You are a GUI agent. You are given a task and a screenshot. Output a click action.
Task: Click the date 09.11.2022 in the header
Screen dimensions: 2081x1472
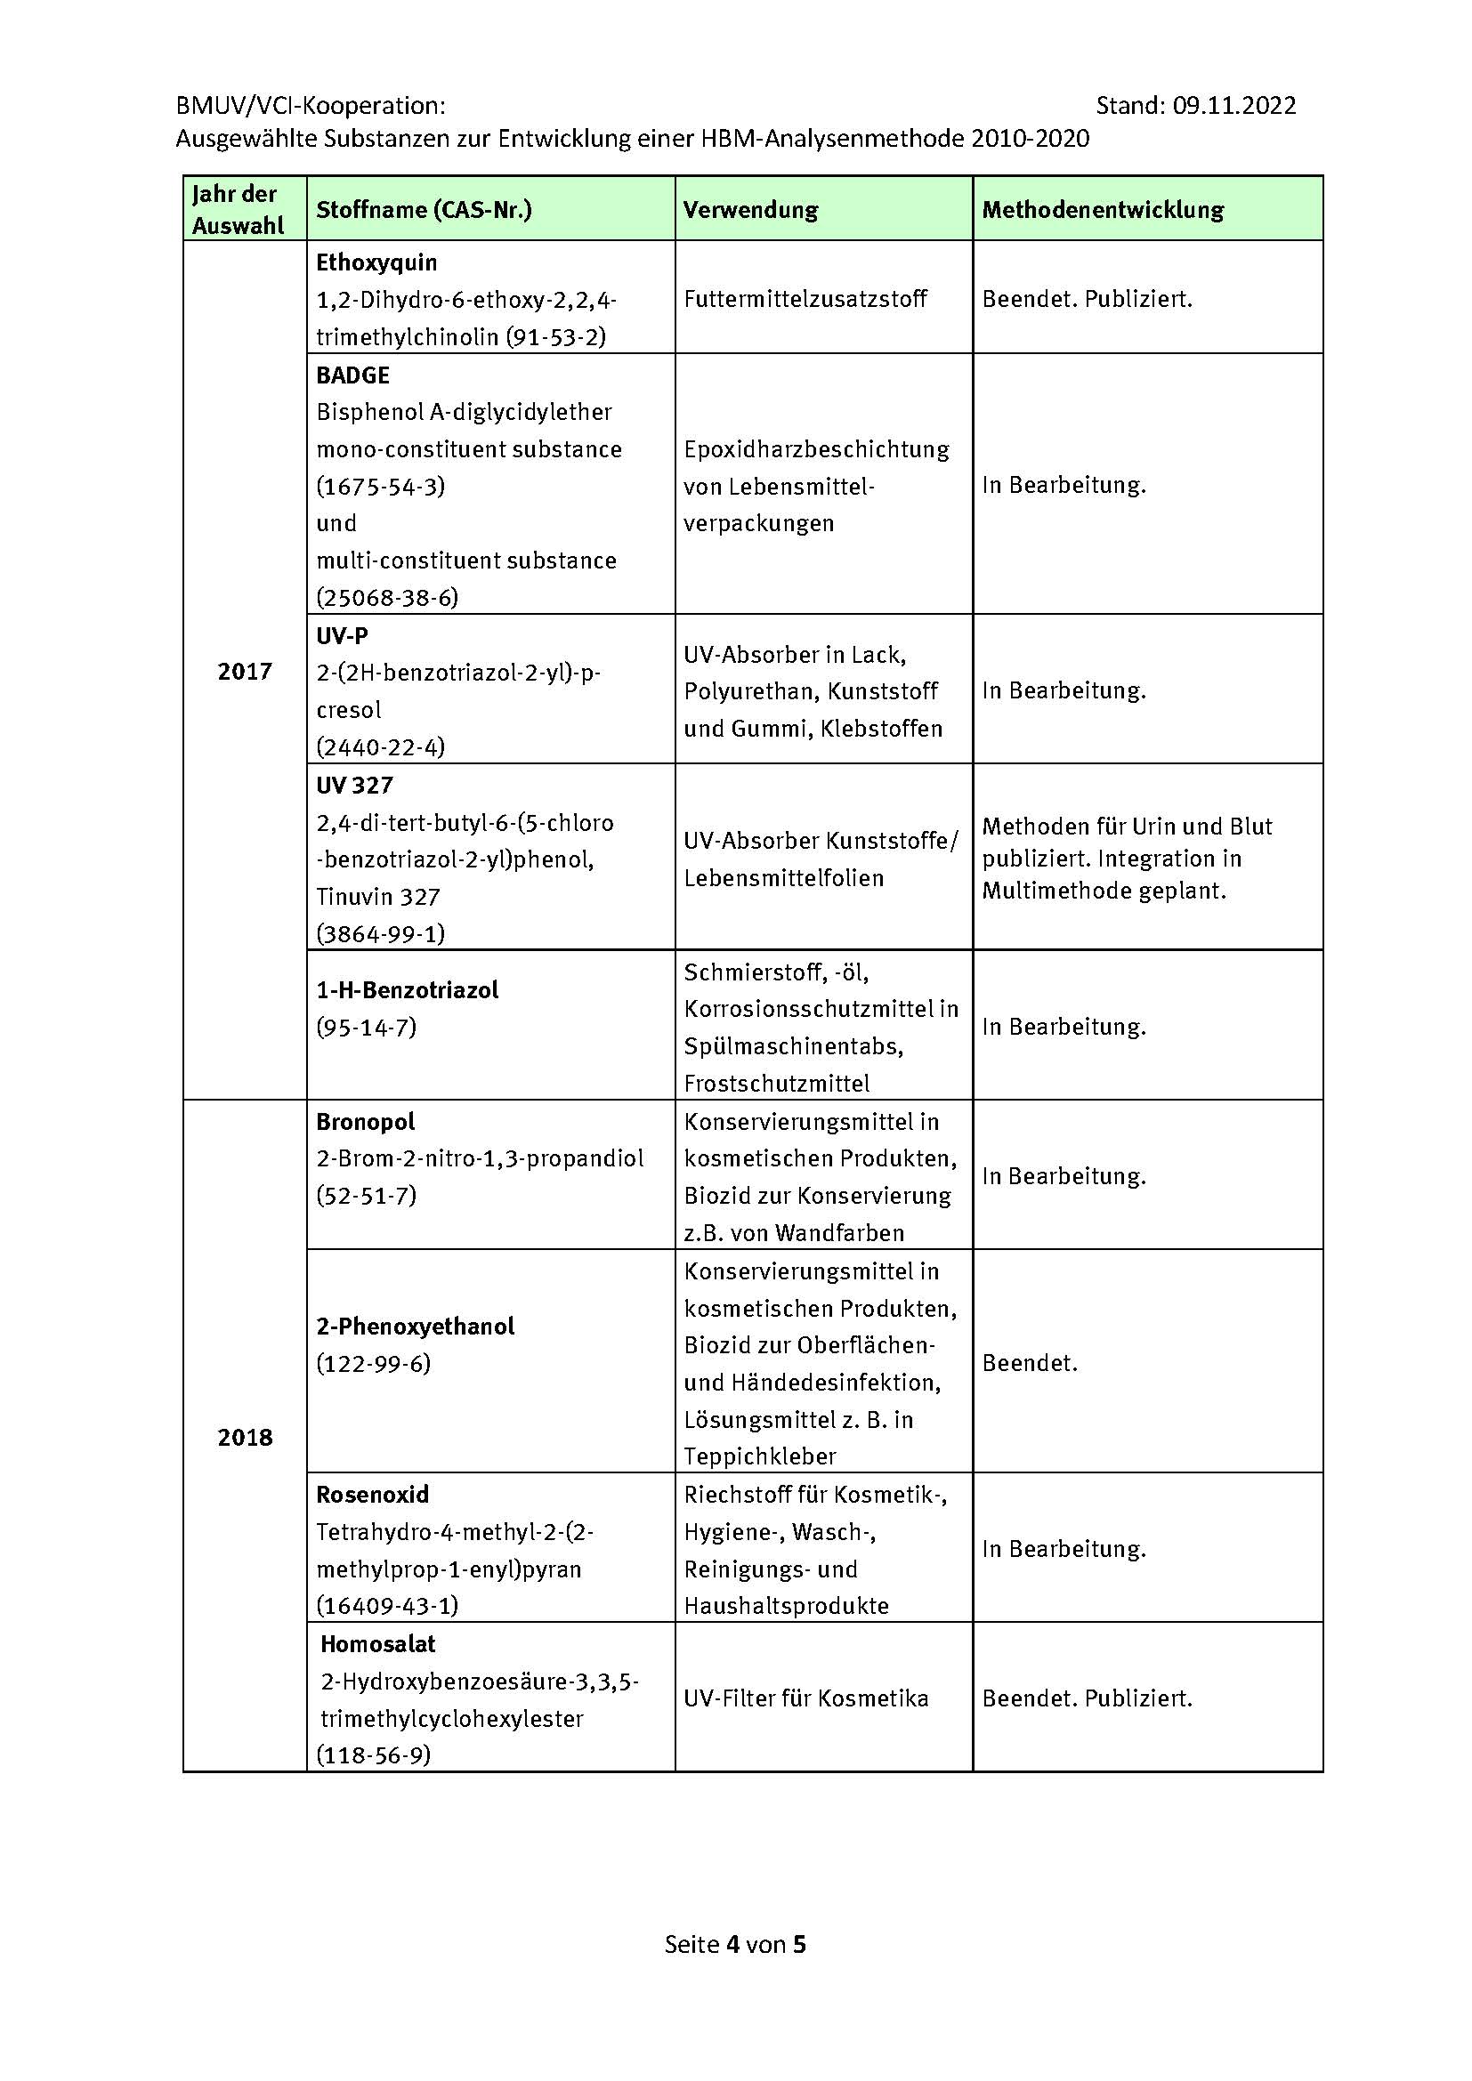tap(1233, 106)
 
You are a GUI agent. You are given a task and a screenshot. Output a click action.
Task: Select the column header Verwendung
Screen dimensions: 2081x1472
tap(749, 210)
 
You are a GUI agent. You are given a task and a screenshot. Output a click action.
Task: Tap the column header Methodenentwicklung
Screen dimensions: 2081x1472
tap(1102, 210)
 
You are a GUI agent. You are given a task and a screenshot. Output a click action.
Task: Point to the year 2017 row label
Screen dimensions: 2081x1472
tap(245, 671)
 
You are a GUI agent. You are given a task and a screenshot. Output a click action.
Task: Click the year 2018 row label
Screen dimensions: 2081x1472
tap(245, 1438)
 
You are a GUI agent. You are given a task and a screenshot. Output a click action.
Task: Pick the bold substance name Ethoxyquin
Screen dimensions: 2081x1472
tap(376, 262)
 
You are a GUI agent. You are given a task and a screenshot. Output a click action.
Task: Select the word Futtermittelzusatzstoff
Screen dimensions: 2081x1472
tap(805, 299)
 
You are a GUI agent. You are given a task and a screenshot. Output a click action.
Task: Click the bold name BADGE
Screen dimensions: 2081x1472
tap(352, 375)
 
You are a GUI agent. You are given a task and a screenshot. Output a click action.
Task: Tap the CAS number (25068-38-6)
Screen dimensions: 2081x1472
tap(387, 597)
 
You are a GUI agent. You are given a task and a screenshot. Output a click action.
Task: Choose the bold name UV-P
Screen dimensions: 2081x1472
tap(342, 636)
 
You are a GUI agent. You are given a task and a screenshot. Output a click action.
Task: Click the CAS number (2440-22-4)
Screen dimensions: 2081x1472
tap(380, 746)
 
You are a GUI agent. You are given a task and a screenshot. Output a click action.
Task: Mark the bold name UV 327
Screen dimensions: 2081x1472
tap(354, 785)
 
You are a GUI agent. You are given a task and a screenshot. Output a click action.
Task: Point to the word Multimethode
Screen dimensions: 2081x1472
tap(1039, 891)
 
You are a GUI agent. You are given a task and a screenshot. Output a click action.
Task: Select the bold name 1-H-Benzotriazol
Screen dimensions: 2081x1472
tap(407, 989)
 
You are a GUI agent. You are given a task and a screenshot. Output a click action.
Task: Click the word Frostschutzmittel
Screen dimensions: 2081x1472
tap(777, 1083)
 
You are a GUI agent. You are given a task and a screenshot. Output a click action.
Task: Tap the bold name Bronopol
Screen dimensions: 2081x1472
tap(365, 1122)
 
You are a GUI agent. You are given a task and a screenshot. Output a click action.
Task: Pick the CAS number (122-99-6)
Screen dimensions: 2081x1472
tap(373, 1363)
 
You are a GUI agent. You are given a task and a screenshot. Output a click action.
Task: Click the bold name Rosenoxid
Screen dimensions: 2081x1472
tap(373, 1495)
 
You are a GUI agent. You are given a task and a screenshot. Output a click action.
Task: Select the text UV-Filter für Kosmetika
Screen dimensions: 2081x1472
tap(805, 1698)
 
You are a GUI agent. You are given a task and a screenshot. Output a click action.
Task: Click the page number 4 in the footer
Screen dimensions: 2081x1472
tap(732, 1944)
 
